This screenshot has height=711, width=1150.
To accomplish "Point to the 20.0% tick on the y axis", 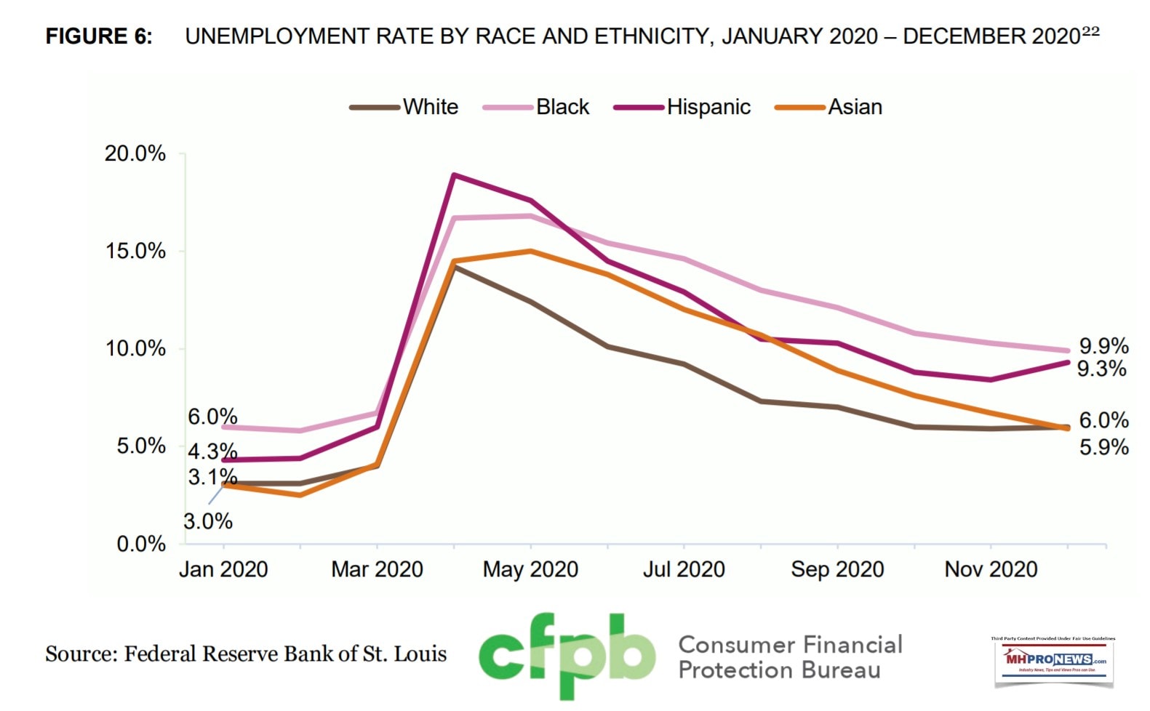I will tap(135, 153).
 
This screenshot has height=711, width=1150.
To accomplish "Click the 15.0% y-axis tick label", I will tap(135, 251).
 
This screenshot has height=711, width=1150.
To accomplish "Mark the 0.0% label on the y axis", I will tap(141, 544).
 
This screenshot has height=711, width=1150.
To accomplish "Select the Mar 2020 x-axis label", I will tap(377, 569).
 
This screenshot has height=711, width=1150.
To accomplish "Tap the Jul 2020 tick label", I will tap(684, 569).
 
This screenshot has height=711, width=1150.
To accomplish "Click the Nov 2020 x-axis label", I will tap(991, 569).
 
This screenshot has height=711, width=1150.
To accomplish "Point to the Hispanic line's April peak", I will tap(454, 174).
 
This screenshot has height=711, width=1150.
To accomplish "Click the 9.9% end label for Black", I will tap(1103, 346).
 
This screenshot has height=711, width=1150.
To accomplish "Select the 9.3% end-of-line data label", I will tap(1102, 369).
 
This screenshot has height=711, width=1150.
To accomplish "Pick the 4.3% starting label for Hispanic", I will tap(212, 451).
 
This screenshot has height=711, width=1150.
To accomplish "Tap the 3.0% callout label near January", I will tap(208, 521).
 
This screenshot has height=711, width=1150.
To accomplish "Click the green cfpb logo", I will tap(566, 656).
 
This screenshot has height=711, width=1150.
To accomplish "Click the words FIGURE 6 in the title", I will tap(99, 36).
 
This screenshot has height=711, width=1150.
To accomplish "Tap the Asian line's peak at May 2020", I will tap(531, 252).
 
